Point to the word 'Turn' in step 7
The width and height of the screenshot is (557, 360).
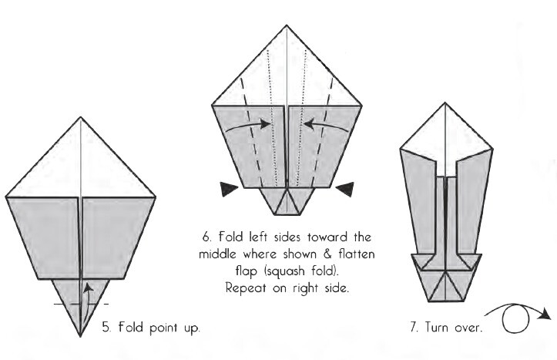pos(436,327)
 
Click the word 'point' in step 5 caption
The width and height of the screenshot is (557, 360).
pos(159,328)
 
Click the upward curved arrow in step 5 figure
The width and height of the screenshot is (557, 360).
pos(88,293)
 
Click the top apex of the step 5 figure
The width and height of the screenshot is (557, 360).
pos(81,117)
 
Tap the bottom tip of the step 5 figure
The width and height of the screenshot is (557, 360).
pos(81,337)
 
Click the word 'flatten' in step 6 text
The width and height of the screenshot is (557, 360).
pos(356,253)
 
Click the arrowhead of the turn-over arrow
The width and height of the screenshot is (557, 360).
pos(549,314)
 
